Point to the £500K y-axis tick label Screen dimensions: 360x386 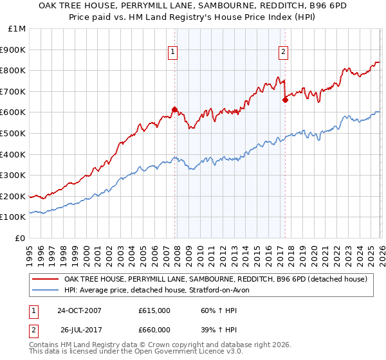coord(15,133)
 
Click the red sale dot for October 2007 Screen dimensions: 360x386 coord(174,109)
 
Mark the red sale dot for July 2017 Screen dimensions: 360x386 coord(285,100)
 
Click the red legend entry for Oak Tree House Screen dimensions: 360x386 coord(216,279)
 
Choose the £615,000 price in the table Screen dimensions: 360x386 coord(154,310)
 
